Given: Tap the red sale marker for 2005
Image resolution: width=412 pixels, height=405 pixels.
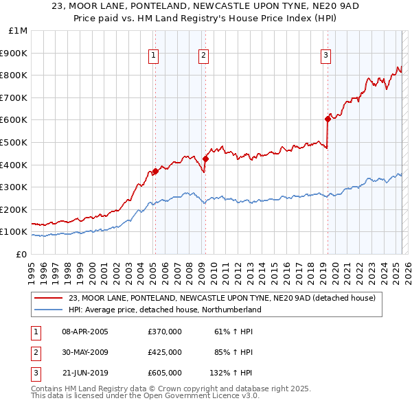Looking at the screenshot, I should click(155, 172).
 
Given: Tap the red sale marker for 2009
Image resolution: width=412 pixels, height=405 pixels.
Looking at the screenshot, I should click(205, 159).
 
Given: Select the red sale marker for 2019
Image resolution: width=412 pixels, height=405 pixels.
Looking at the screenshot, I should click(328, 119).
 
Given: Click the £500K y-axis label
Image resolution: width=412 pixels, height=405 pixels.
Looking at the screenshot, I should click(15, 142).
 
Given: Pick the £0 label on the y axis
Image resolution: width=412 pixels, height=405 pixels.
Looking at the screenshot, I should click(21, 254).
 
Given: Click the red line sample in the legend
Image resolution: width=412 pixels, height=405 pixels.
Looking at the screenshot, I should click(49, 299).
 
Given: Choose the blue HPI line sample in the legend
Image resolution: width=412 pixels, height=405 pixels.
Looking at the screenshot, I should click(49, 310).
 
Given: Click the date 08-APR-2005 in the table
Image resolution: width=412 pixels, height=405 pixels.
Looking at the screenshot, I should click(85, 332).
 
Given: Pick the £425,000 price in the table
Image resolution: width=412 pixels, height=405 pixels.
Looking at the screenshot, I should click(165, 352).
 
